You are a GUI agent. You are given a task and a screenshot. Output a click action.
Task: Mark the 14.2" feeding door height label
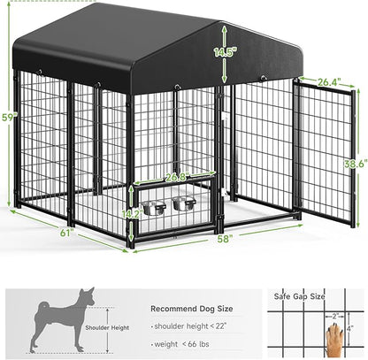click(x=131, y=214)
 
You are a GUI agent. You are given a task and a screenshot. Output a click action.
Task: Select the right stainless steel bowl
click(x=184, y=203)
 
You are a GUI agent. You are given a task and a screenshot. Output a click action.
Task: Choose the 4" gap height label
click(x=349, y=330)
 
